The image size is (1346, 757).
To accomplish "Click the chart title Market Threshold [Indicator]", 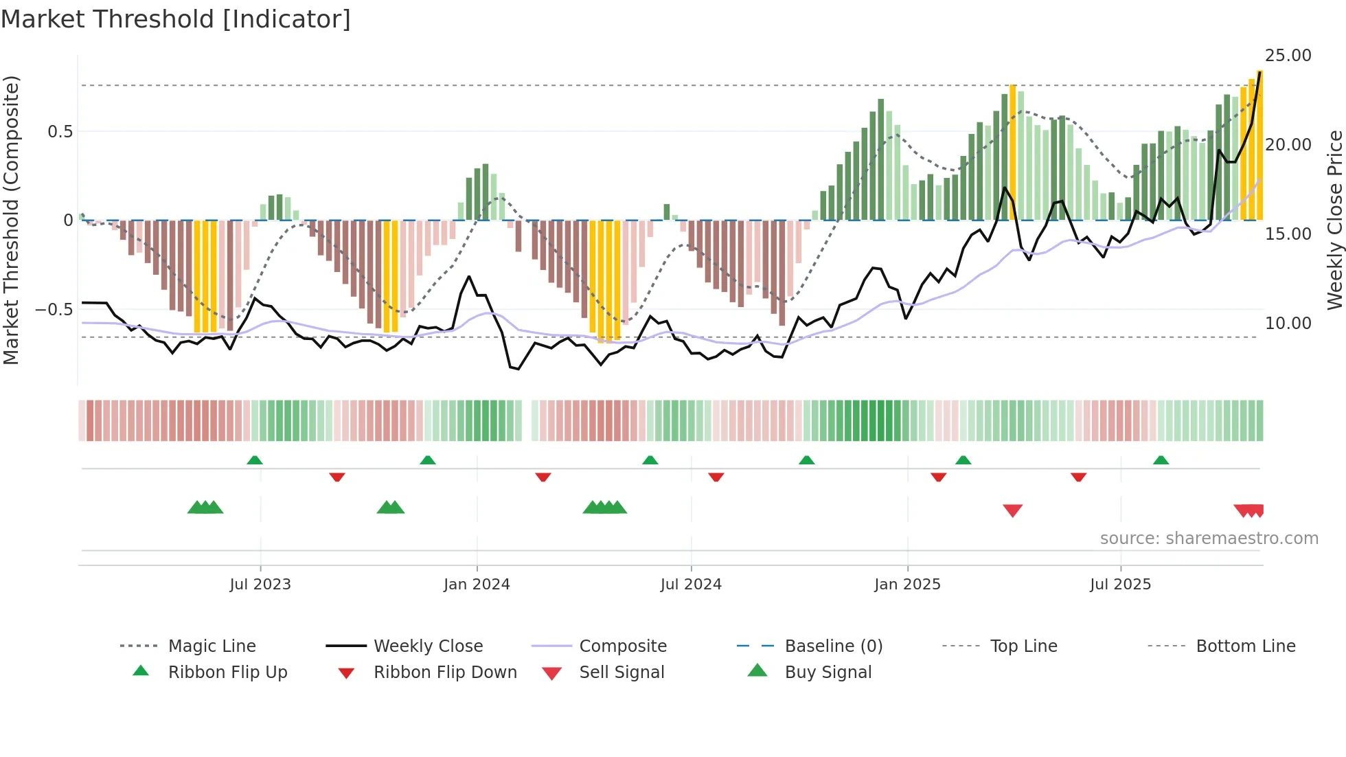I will coord(176,19).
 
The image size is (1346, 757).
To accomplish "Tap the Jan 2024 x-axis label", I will coord(477,584).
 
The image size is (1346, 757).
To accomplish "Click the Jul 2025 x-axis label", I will coord(1120,584).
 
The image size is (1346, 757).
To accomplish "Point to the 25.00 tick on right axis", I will coord(1288,56).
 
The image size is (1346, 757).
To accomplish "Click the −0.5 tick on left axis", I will coord(54,310).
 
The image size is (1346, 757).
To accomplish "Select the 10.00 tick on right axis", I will coord(1288,323).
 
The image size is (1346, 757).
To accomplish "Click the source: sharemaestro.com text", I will coord(1209,539).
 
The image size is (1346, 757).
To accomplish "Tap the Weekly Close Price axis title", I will coord(1334,220).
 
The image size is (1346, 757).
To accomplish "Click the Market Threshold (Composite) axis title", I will coord(11,220).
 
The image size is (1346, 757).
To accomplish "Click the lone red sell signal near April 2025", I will coord(1012,510).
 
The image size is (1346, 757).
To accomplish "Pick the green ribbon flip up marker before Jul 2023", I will coord(255,460).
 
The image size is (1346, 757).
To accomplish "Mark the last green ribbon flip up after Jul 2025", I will coord(1161,460).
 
